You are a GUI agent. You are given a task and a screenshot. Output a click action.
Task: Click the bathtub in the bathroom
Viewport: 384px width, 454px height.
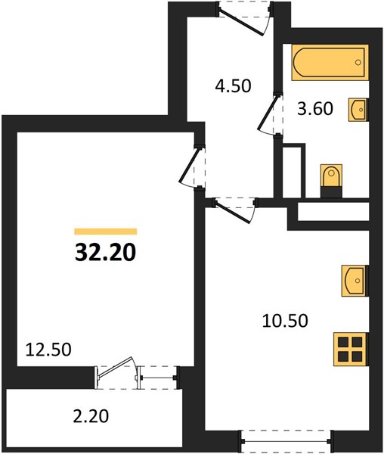[330, 62]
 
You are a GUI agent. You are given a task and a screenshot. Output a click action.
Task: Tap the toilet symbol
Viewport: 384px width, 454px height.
[332, 181]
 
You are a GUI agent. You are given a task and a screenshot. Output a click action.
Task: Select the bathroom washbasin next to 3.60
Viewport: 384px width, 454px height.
[358, 109]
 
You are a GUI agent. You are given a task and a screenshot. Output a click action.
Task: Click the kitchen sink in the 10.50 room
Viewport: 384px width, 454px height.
[355, 281]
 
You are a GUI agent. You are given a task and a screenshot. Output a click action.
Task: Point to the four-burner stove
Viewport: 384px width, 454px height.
[351, 349]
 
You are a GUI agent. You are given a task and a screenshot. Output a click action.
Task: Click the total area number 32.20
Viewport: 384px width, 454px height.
[106, 252]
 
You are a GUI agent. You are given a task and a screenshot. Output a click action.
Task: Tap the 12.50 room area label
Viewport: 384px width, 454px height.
[48, 350]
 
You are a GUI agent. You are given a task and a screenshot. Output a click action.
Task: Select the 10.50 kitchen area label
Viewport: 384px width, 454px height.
[285, 321]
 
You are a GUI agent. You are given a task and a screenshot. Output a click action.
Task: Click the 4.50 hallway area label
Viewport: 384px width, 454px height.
[233, 86]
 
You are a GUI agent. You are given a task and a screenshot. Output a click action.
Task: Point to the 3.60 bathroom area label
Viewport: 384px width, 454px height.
[315, 109]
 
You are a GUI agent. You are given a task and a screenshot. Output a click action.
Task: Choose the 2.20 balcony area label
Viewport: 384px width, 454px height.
[91, 416]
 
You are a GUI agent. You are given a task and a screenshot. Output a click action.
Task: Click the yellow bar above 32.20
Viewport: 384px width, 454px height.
[106, 232]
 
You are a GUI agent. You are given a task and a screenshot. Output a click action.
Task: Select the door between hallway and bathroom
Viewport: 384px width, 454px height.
[270, 113]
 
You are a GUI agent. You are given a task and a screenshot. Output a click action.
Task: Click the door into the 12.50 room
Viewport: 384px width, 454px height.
[191, 166]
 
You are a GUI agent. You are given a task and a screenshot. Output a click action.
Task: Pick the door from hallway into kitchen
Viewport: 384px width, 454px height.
[235, 210]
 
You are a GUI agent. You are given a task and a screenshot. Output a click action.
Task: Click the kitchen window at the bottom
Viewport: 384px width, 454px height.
[287, 441]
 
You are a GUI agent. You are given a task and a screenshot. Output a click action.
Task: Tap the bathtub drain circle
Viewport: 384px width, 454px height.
[358, 62]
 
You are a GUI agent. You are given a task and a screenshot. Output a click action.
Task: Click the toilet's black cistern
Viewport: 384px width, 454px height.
[332, 192]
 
